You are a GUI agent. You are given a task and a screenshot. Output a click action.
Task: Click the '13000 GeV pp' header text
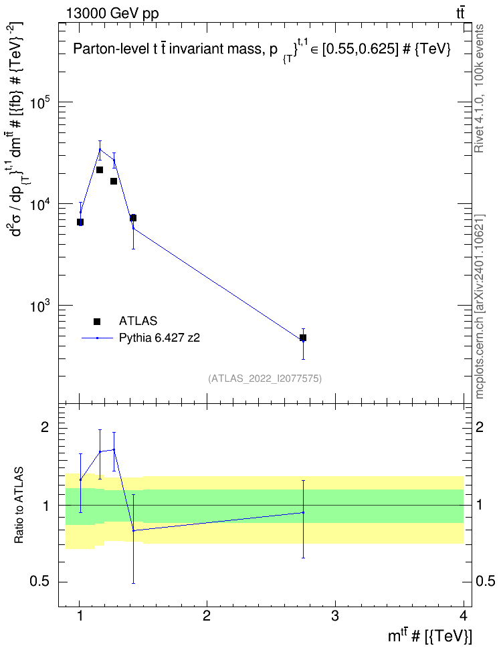112,14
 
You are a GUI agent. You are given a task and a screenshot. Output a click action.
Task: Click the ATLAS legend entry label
138,321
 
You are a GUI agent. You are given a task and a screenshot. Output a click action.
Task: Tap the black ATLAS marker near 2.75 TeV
303,338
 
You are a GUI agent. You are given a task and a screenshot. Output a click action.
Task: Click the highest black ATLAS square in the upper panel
100,170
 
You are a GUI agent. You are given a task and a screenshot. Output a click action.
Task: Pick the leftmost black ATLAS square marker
80,222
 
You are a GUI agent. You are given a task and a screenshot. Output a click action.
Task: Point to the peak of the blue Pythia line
100,149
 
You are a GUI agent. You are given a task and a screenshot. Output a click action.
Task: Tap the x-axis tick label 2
207,616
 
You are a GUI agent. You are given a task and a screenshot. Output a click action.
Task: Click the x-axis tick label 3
334,616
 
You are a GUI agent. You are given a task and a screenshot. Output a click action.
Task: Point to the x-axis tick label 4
464,616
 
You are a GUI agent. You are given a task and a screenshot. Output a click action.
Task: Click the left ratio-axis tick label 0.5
40,582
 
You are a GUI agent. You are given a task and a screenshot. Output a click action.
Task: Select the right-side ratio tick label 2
480,427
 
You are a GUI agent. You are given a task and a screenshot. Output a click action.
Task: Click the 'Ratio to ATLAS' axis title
19,506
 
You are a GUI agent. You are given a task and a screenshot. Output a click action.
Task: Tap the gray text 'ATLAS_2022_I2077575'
265,378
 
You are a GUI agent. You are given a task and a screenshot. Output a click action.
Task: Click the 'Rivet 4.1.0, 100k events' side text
479,88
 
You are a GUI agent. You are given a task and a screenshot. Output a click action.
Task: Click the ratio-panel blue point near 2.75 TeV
303,512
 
